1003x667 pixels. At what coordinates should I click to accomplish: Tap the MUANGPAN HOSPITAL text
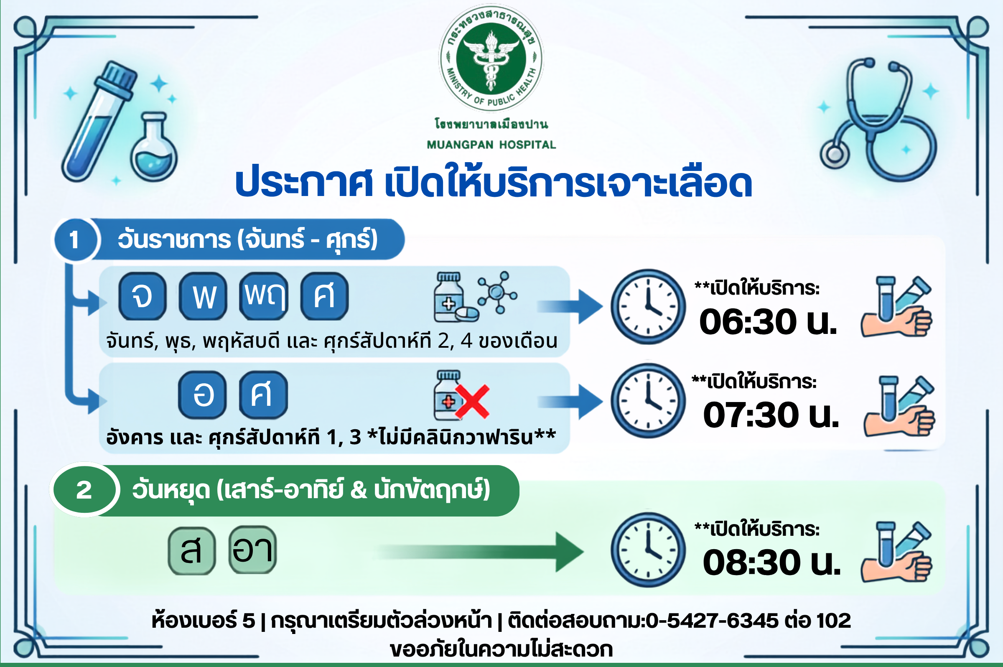tap(491, 145)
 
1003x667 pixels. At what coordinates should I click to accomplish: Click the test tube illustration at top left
tap(99, 122)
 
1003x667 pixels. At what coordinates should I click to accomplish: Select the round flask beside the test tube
tap(153, 147)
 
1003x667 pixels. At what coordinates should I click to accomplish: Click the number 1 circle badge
tap(75, 239)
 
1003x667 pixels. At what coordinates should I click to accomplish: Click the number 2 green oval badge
tap(84, 490)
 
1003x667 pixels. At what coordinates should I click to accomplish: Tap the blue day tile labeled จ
tap(142, 296)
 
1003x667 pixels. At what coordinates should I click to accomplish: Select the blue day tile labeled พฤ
tap(264, 296)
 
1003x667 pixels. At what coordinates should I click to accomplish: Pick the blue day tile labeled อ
tap(202, 395)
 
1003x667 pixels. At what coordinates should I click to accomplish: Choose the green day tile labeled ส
tap(191, 550)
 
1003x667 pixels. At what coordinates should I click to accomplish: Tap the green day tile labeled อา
tap(253, 550)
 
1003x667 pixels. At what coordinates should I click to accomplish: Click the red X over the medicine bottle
tap(472, 402)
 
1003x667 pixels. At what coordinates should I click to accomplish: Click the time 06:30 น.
tap(768, 322)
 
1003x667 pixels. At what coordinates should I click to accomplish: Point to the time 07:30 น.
tap(771, 415)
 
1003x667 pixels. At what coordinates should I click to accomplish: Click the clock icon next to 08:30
tap(648, 550)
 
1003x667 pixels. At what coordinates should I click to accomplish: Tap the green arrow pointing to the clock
tap(481, 552)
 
